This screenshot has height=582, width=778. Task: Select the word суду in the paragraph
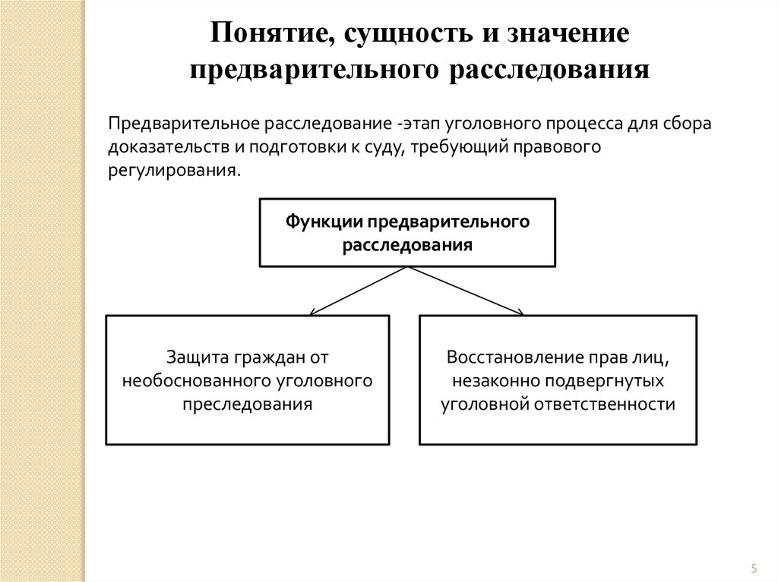384,146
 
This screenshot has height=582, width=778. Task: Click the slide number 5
754,568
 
